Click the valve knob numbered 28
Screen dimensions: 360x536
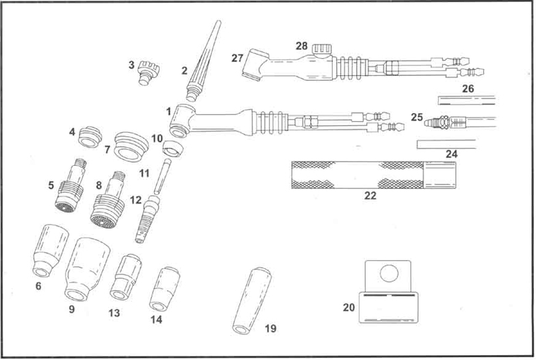click(321, 50)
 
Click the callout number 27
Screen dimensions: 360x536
click(238, 58)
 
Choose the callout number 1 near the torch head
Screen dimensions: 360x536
click(168, 110)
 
